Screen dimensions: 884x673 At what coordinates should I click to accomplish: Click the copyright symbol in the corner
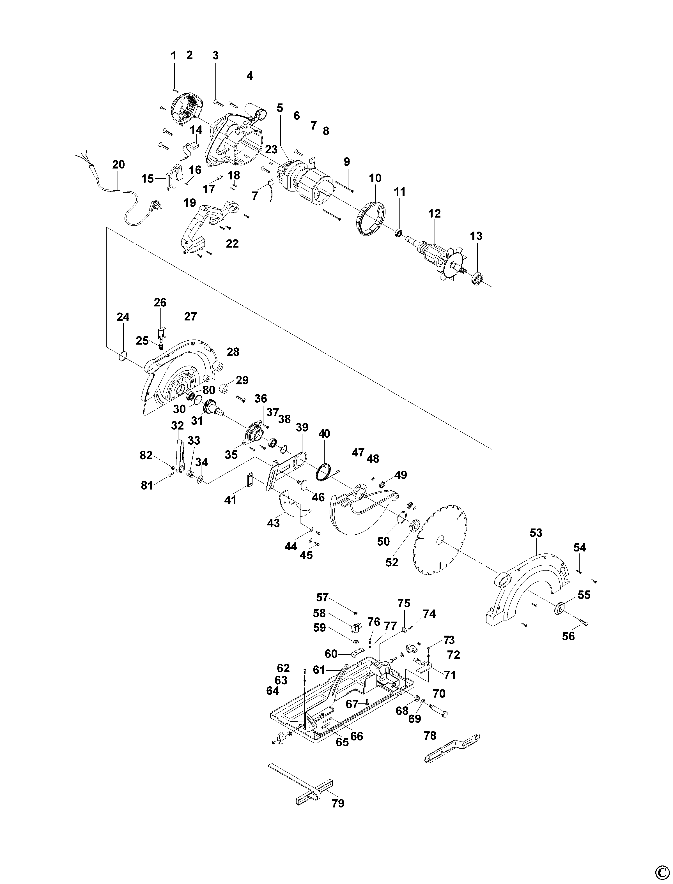click(661, 873)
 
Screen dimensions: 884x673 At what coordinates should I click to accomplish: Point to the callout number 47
click(358, 453)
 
